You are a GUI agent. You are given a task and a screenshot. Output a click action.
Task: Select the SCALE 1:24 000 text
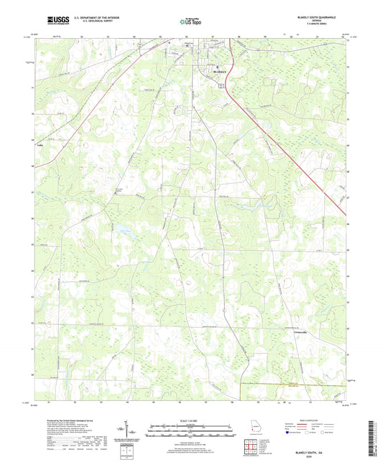click(x=190, y=420)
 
